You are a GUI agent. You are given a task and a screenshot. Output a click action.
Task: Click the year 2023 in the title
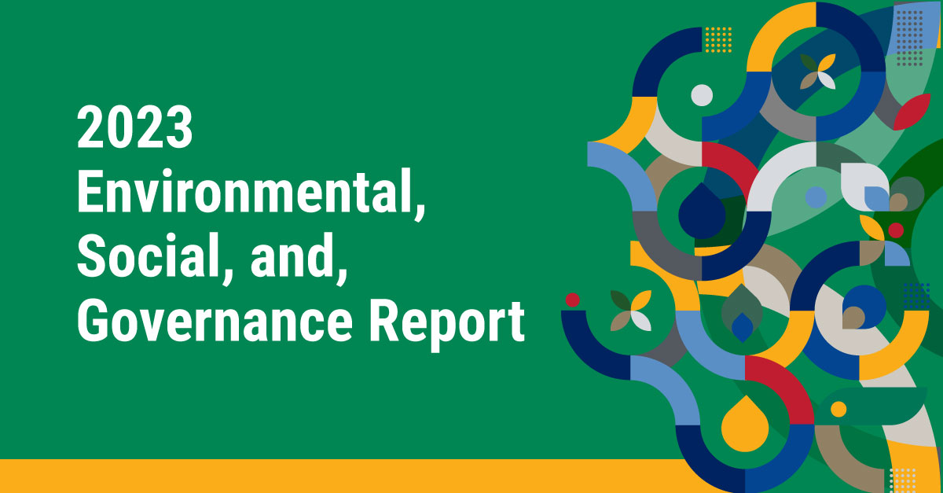pyautogui.click(x=134, y=127)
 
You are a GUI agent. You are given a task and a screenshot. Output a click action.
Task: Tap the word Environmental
pyautogui.click(x=251, y=192)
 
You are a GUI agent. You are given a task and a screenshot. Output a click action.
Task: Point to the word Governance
pyautogui.click(x=215, y=320)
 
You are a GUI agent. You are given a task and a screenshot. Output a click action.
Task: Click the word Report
pyautogui.click(x=447, y=325)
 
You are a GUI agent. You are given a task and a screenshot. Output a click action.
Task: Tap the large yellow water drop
pyautogui.click(x=745, y=424)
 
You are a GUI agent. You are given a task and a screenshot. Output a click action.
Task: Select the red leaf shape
pyautogui.click(x=912, y=112)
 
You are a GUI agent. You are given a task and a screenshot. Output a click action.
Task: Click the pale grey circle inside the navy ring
pyautogui.click(x=702, y=95)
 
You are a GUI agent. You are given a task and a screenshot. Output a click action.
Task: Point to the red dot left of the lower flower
pyautogui.click(x=573, y=300)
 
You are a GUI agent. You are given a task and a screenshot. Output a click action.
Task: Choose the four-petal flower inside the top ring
pyautogui.click(x=817, y=72)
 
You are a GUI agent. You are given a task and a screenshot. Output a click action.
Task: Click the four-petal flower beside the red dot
pyautogui.click(x=630, y=311)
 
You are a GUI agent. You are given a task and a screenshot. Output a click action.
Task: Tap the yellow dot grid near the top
pyautogui.click(x=718, y=40)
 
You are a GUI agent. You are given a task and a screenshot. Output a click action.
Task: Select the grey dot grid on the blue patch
pyautogui.click(x=910, y=38)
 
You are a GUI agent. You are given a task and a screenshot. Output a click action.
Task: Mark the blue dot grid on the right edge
pyautogui.click(x=916, y=296)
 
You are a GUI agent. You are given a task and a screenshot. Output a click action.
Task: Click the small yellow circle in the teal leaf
pyautogui.click(x=838, y=409)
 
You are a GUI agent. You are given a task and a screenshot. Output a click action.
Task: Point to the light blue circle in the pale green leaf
pyautogui.click(x=816, y=197)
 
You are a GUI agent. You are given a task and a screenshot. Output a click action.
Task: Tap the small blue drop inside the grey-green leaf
pyautogui.click(x=742, y=327)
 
